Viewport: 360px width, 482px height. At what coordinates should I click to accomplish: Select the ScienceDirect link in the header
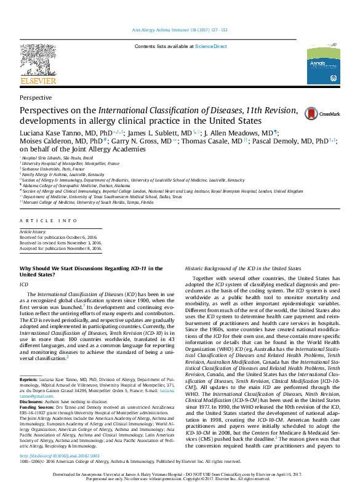[x=211, y=46]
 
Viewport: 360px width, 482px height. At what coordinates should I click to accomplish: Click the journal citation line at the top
[x=180, y=30]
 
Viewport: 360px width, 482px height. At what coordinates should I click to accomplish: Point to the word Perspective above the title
[x=36, y=97]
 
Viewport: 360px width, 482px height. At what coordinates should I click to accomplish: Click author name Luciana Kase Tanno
[x=59, y=132]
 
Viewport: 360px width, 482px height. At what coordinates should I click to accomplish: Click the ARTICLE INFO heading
[x=40, y=220]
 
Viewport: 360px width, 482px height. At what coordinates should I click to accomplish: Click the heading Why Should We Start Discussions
[x=91, y=268]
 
